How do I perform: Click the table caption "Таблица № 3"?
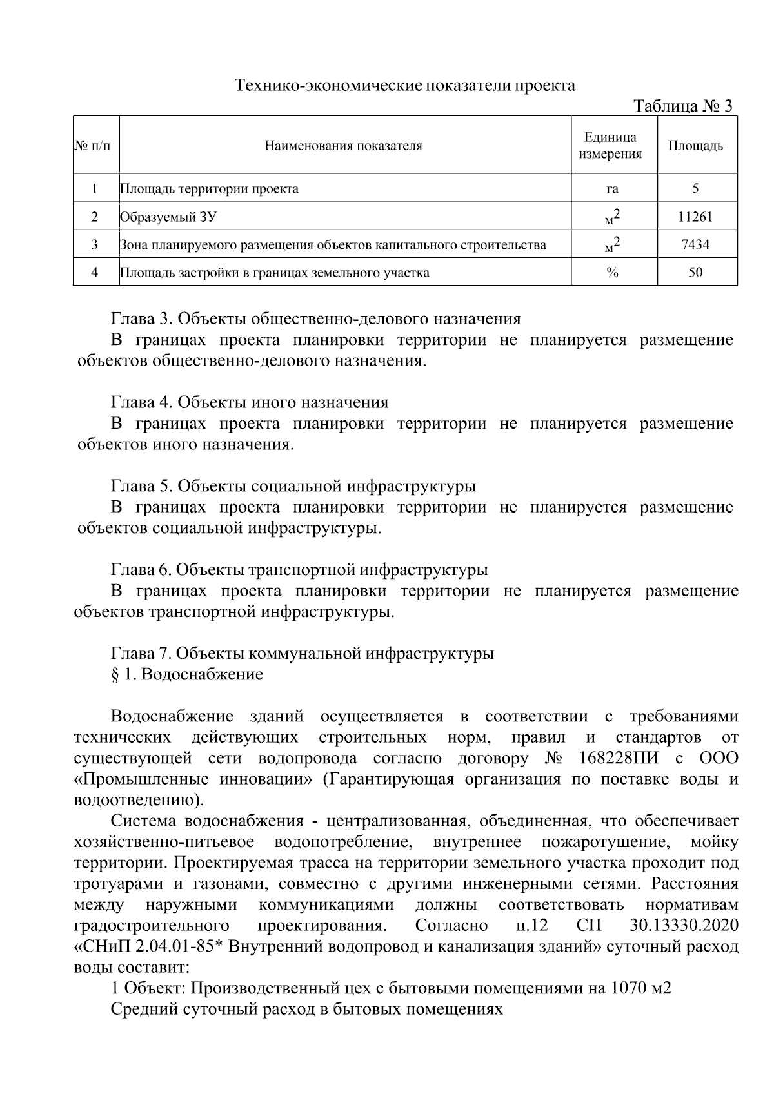[684, 106]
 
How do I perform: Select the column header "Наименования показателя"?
[343, 146]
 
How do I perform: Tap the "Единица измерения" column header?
[610, 146]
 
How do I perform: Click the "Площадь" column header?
[695, 146]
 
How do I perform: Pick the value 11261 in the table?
[695, 217]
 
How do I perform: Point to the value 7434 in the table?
[695, 245]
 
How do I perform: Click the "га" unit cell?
[612, 190]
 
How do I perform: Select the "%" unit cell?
[612, 273]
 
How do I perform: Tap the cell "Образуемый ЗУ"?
[168, 217]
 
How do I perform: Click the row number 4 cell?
[95, 273]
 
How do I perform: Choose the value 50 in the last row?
[695, 273]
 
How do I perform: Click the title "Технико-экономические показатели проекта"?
[405, 85]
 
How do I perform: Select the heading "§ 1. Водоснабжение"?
[187, 675]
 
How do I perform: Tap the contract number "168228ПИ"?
[619, 758]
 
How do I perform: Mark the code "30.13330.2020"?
[684, 926]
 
